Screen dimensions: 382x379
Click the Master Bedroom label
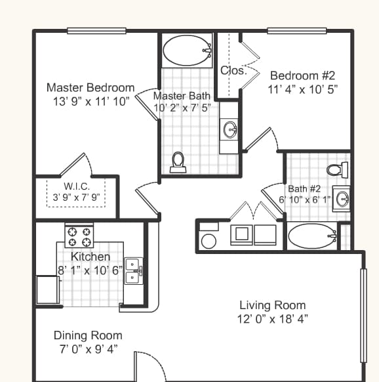point(90,87)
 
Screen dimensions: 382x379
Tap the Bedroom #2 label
point(303,74)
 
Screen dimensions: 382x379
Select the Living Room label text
point(272,305)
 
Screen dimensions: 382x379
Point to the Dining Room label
point(88,335)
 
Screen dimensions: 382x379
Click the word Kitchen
point(90,257)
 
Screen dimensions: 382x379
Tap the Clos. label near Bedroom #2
point(233,71)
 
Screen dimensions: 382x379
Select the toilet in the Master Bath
point(178,162)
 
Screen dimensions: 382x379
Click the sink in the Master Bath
point(230,129)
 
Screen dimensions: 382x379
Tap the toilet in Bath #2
point(336,170)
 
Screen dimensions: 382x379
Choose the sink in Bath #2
point(342,197)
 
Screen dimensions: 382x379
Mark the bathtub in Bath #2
point(310,236)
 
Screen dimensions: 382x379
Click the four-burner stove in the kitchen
point(79,232)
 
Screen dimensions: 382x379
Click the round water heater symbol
point(209,241)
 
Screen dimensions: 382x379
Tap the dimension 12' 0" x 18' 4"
point(272,319)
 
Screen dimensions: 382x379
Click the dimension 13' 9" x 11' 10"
point(90,102)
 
